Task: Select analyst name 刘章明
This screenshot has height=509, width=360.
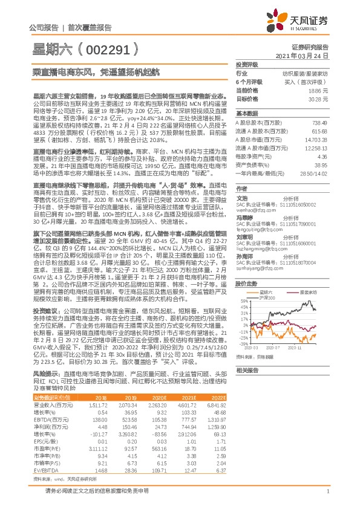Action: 244,237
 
